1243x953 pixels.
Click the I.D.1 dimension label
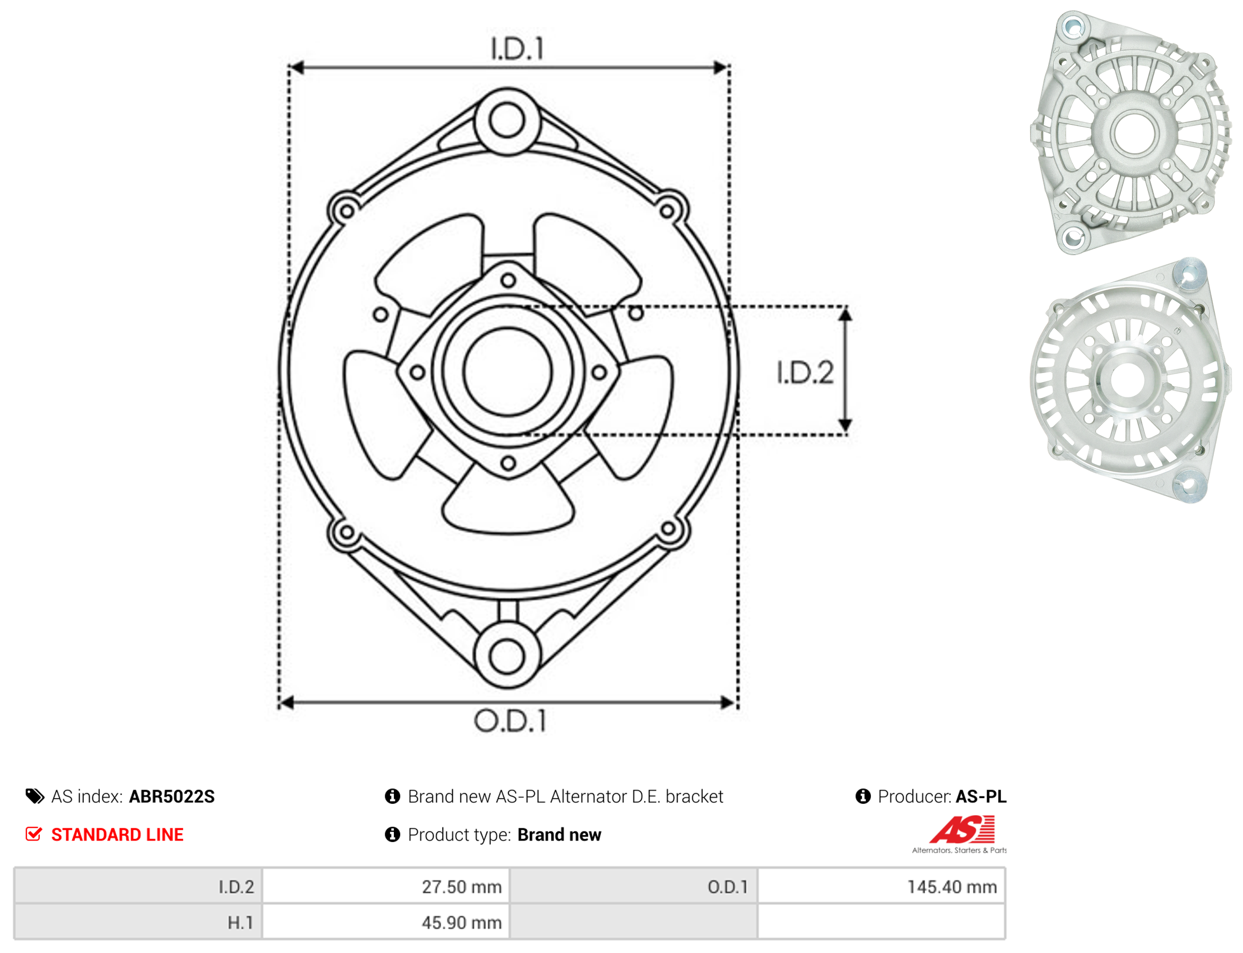(x=517, y=49)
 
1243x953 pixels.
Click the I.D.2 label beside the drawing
(x=805, y=372)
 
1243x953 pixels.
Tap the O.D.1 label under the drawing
(x=510, y=721)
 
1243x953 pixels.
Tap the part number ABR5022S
(x=172, y=797)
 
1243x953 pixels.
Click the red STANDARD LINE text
(x=117, y=835)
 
